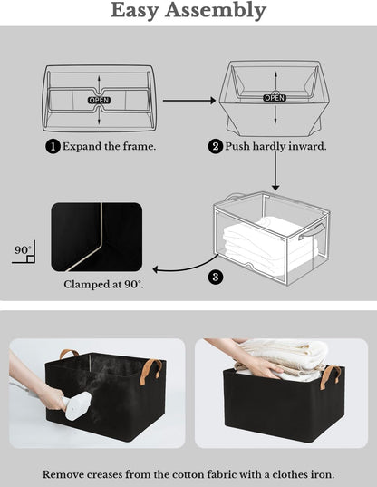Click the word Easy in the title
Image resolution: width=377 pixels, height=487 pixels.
point(140,11)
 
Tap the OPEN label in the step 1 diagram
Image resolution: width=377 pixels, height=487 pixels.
point(99,99)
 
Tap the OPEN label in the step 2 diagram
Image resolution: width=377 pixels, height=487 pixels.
point(275,97)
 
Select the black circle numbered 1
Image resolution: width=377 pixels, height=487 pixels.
point(53,146)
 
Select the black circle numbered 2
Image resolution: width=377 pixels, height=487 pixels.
point(216,146)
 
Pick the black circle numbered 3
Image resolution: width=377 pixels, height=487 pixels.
point(215,278)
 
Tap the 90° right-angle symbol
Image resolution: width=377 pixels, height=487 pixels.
point(23,253)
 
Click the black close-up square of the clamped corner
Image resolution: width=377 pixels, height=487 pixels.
point(96,237)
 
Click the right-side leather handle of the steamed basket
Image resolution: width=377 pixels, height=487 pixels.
point(157,369)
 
